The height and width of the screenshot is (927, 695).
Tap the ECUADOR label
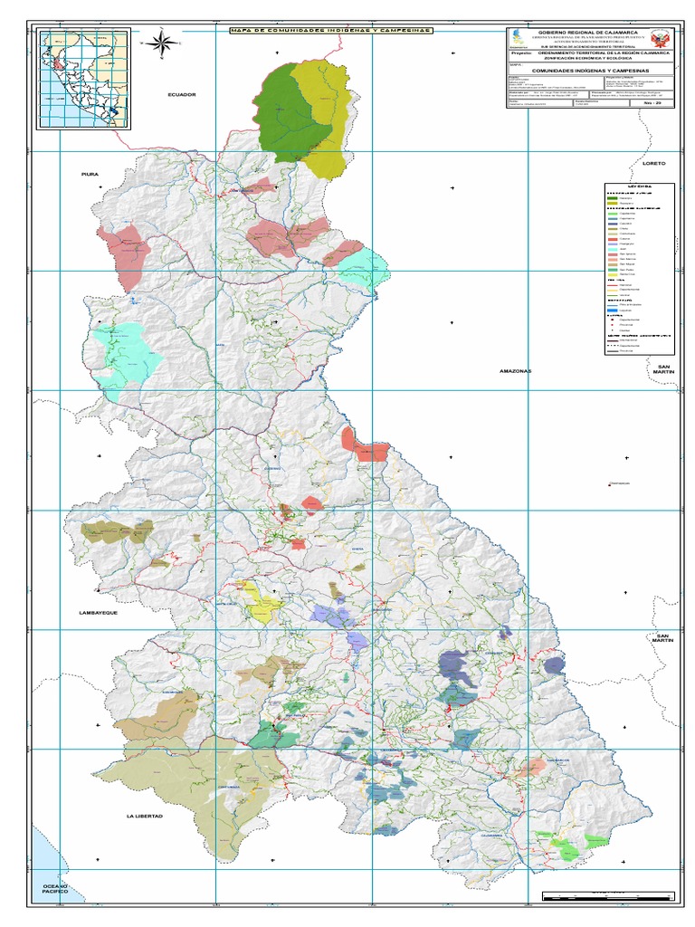click(181, 94)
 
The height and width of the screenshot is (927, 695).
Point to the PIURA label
click(89, 173)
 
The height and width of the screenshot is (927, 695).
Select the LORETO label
click(653, 163)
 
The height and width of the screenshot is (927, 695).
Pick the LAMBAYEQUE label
click(99, 613)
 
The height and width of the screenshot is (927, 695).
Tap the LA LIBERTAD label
click(145, 816)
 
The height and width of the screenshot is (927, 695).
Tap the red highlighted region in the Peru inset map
click(60, 67)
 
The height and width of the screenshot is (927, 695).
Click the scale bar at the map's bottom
click(607, 896)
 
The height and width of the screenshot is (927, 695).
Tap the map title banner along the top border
click(330, 30)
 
